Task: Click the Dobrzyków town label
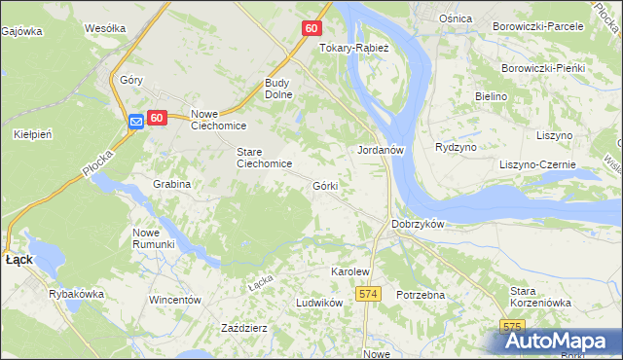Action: click(x=418, y=224)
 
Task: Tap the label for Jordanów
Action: click(x=381, y=150)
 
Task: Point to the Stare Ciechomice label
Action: click(x=265, y=158)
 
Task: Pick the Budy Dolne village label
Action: click(x=283, y=90)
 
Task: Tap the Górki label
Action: click(x=325, y=185)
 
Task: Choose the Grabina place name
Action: click(x=171, y=183)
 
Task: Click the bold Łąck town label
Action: click(x=19, y=260)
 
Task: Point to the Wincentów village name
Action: click(x=174, y=300)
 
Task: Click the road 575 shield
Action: click(x=513, y=326)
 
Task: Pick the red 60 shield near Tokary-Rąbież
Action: click(x=311, y=28)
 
